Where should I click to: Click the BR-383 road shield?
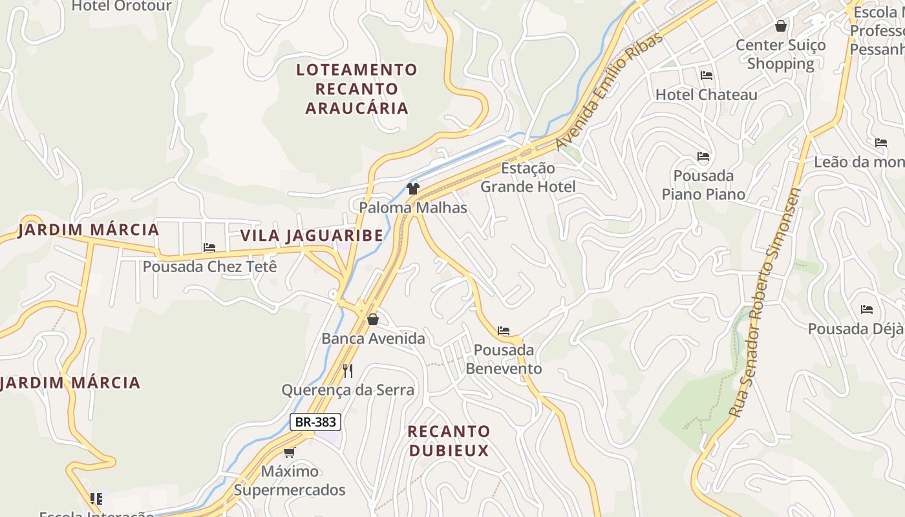[315, 422]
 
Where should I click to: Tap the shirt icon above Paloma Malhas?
[413, 189]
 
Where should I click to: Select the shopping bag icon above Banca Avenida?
[373, 319]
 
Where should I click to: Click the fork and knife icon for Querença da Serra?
[348, 370]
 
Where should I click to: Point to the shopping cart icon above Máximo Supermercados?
[289, 452]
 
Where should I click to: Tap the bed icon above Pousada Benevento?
[504, 331]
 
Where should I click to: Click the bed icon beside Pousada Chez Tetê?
[209, 247]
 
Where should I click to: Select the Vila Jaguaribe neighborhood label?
[312, 235]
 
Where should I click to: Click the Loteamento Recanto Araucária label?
[357, 89]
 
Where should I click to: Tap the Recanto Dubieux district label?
[449, 441]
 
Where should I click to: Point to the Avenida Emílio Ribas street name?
[610, 91]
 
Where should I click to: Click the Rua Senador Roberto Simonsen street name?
[765, 302]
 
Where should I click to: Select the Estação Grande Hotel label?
[527, 178]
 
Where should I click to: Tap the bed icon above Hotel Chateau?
[706, 76]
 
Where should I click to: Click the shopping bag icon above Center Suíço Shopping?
[781, 26]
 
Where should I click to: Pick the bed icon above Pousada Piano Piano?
[703, 156]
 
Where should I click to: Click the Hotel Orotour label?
[122, 6]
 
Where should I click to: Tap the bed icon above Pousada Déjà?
[867, 310]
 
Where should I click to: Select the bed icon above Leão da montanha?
[881, 143]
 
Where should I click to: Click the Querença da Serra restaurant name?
[348, 390]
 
